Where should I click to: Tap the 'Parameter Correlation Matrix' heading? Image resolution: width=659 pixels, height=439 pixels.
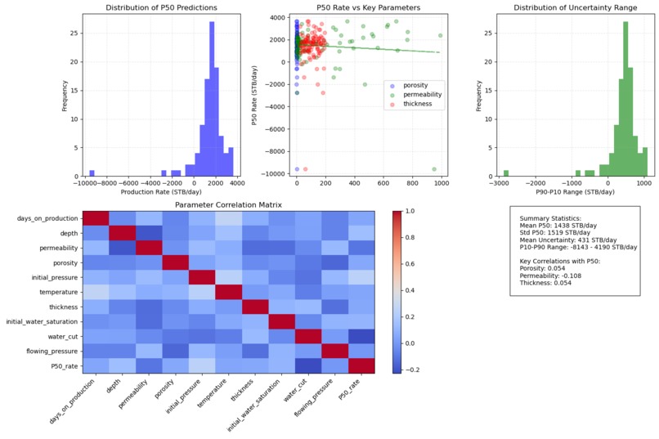[228, 204]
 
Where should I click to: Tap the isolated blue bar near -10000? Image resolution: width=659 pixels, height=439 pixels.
[92, 172]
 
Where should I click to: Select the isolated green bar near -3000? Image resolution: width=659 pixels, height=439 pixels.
[506, 172]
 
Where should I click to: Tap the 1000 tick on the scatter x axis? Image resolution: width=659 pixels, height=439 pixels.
[441, 185]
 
